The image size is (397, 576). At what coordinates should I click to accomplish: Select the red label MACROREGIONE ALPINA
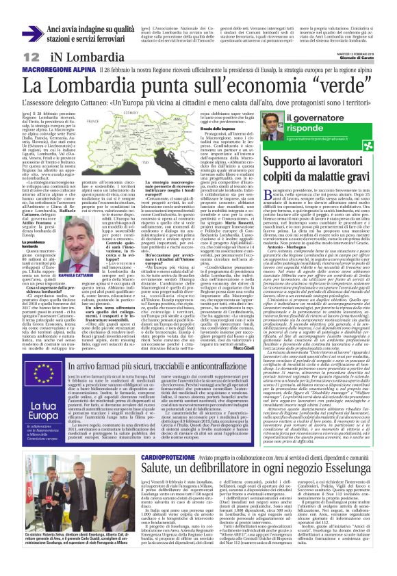[57, 70]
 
